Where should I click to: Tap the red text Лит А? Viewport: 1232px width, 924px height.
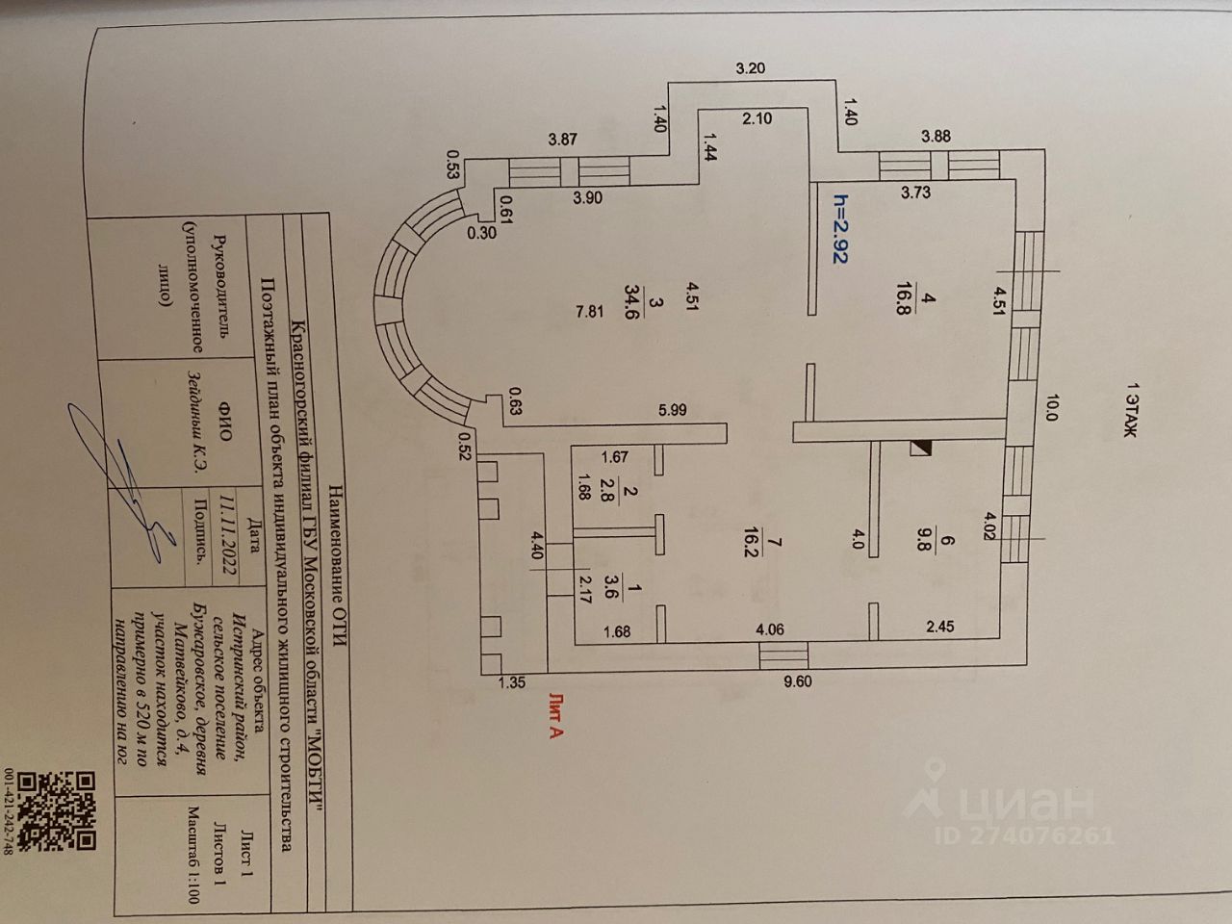coord(555,716)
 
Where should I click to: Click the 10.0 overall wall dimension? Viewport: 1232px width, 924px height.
coord(1052,411)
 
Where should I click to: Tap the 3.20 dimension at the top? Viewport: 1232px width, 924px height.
coord(750,68)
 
